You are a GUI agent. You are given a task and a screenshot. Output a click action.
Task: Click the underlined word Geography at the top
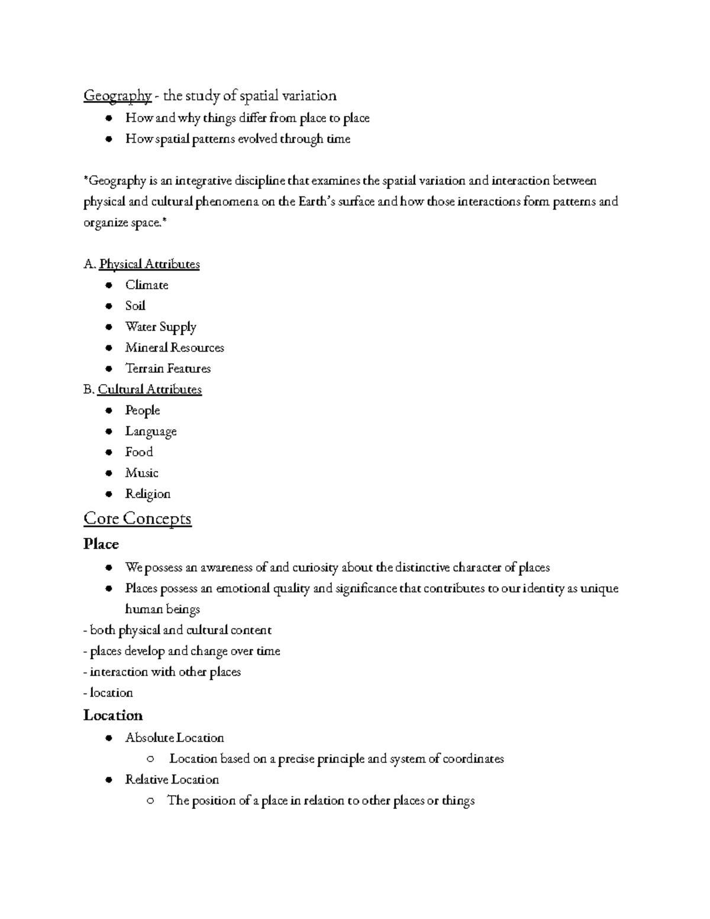117,96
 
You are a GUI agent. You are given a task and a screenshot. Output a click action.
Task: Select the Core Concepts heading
137,518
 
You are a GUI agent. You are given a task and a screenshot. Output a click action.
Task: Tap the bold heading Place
101,544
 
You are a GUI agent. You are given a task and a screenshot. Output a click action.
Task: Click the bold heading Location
113,715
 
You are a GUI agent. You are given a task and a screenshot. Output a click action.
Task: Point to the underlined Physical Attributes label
149,264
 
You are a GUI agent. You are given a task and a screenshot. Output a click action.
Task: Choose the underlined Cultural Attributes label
150,389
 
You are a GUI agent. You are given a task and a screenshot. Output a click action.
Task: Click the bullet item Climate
147,285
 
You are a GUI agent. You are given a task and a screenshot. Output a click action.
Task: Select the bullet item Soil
135,306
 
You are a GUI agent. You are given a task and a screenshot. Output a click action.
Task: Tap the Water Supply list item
160,327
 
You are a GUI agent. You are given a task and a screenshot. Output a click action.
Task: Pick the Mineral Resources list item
175,348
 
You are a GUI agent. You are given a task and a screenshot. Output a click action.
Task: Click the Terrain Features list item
168,369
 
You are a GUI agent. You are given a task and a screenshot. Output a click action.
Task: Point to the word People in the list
143,411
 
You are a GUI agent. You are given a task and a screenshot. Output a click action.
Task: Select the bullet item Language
151,432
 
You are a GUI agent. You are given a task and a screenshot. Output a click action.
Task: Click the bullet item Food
139,452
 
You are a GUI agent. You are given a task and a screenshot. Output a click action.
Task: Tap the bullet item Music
141,473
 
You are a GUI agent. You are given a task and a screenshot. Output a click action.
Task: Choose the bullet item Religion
148,494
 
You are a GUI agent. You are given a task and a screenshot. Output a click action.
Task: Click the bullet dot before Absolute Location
108,739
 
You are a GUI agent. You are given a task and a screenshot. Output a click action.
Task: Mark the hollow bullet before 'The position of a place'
151,801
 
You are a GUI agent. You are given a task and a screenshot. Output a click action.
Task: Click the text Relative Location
172,780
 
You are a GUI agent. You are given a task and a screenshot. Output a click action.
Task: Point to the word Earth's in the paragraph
318,202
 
